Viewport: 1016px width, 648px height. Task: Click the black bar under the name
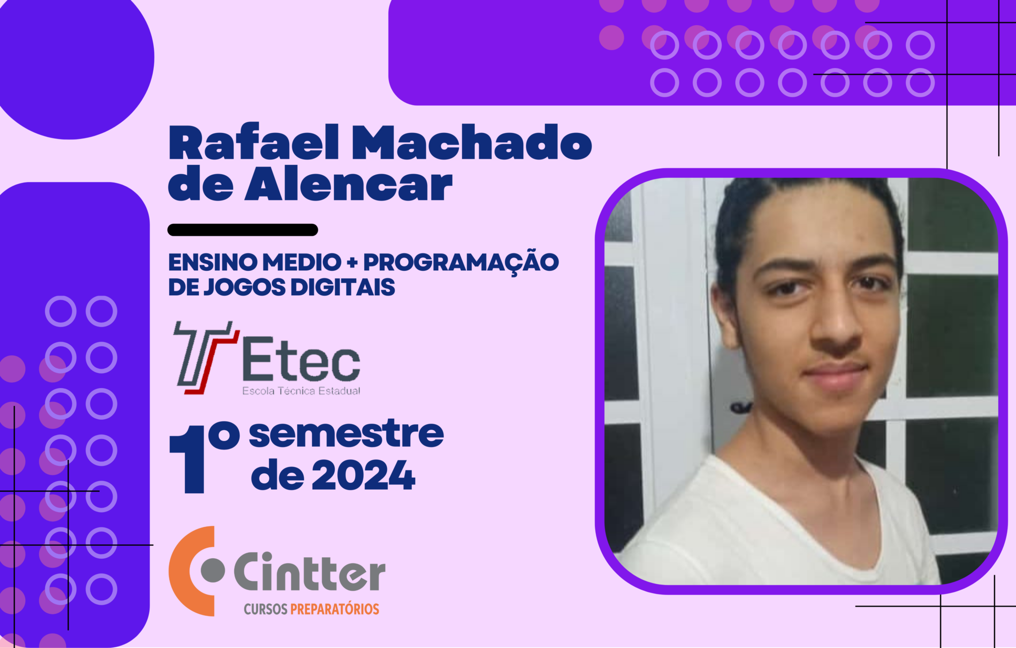tap(243, 230)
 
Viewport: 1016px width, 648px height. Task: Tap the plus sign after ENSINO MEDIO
tap(352, 262)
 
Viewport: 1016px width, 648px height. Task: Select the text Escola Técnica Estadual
tap(301, 391)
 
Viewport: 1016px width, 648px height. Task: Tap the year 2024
tap(364, 475)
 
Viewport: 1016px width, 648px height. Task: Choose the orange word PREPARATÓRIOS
tap(335, 609)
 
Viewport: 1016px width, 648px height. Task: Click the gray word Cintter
tap(310, 572)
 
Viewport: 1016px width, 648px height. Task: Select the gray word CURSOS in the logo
tap(265, 609)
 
